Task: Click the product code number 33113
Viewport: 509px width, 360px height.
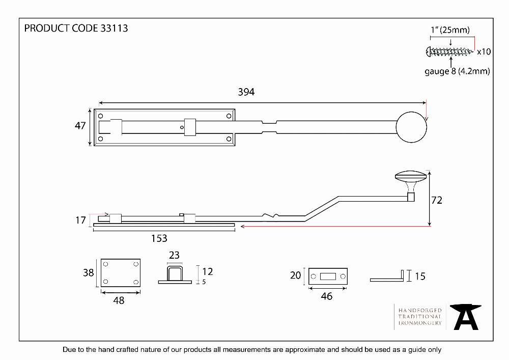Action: [114, 28]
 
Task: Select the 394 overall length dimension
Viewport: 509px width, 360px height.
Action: [246, 92]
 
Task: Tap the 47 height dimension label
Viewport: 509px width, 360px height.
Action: [80, 126]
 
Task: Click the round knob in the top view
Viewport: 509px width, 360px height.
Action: [411, 127]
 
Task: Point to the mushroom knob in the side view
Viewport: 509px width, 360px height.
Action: [411, 182]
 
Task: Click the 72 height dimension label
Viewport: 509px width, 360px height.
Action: [437, 200]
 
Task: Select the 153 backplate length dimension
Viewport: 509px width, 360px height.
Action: [159, 239]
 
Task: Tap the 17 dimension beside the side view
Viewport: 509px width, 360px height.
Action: [80, 220]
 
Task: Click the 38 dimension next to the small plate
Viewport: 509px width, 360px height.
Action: [88, 273]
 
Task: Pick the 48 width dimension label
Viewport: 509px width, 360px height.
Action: [119, 300]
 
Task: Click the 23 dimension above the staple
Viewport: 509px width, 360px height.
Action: [174, 255]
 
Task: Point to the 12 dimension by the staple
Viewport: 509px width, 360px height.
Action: [208, 271]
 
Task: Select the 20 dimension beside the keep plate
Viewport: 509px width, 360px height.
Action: [295, 275]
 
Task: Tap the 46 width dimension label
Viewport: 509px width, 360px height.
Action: [327, 296]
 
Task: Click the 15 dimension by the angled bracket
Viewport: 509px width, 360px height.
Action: [420, 276]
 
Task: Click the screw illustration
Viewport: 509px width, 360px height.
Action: [449, 51]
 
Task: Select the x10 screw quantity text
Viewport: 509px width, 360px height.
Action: [484, 51]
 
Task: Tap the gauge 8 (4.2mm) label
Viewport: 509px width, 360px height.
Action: [457, 71]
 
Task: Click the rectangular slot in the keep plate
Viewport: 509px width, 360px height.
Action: [328, 276]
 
